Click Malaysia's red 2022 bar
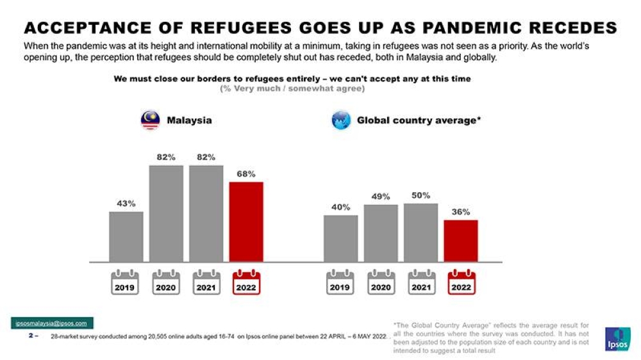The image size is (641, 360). point(246,222)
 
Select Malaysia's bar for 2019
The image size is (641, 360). point(126,236)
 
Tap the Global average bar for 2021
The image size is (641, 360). point(420,233)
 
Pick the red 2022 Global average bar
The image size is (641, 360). point(461,241)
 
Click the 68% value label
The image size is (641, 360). point(246,174)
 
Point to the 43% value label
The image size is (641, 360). point(126,204)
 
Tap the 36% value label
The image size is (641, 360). point(461,211)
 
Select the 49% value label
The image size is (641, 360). point(381,197)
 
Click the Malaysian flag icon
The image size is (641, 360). point(150,120)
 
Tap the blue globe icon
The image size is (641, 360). point(341,120)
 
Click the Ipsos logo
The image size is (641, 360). point(617,339)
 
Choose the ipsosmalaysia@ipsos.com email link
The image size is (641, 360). point(52,323)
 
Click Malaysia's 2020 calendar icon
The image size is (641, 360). point(166,283)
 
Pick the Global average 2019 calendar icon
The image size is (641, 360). point(340,283)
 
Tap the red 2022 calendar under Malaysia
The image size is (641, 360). point(246,283)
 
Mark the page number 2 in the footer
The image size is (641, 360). point(31,335)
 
